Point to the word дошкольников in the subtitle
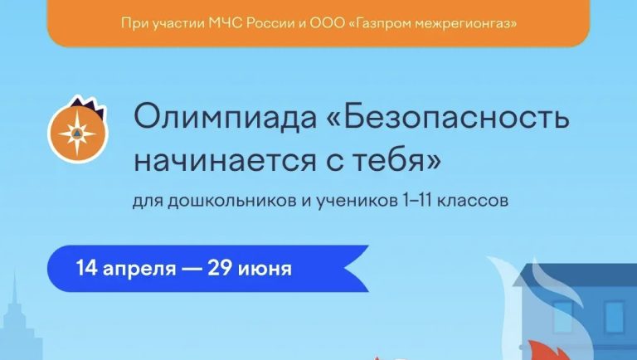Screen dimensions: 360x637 point(207,202)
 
